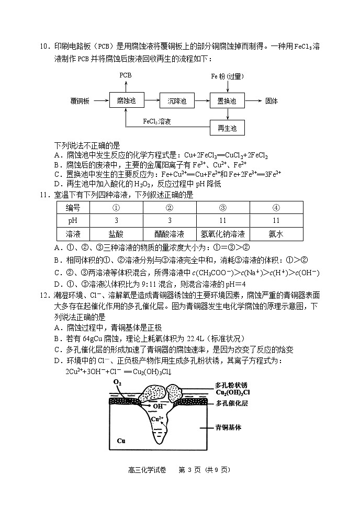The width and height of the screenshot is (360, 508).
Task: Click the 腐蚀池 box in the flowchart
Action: click(x=127, y=100)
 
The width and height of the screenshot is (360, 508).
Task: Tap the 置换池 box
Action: click(x=227, y=100)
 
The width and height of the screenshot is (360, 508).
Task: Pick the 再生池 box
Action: click(x=227, y=128)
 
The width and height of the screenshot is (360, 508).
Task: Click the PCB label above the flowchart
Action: click(x=126, y=75)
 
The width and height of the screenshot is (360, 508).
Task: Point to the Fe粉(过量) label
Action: click(x=227, y=76)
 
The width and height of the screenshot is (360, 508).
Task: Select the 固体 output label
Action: click(x=272, y=100)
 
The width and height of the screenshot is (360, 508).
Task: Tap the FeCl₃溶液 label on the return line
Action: click(x=157, y=121)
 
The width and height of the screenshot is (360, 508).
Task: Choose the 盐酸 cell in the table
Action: click(x=116, y=234)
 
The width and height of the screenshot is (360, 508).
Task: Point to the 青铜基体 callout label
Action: click(x=228, y=427)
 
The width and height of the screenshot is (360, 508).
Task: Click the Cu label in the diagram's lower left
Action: click(x=121, y=441)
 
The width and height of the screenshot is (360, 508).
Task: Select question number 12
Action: click(x=46, y=295)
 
